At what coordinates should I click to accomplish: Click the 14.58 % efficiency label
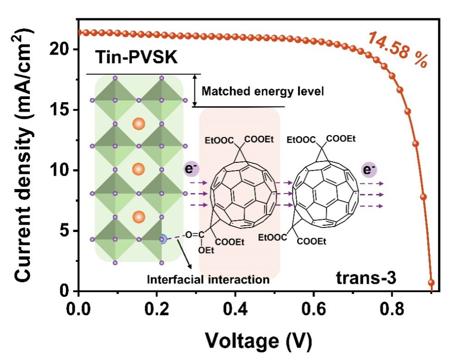(397, 50)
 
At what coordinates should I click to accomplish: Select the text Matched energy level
(263, 91)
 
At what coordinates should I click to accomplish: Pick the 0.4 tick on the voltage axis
(235, 305)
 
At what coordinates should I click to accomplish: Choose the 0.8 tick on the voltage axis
(392, 305)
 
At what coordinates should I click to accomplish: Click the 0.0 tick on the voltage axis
(78, 305)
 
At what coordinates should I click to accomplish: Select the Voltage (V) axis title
(258, 340)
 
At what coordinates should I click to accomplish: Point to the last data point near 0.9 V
(431, 282)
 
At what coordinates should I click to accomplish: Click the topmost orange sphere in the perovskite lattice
(138, 124)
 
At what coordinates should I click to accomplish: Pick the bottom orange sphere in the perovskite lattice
(138, 216)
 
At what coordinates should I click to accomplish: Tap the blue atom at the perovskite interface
(163, 239)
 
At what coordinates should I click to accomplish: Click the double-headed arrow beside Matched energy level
(196, 90)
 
